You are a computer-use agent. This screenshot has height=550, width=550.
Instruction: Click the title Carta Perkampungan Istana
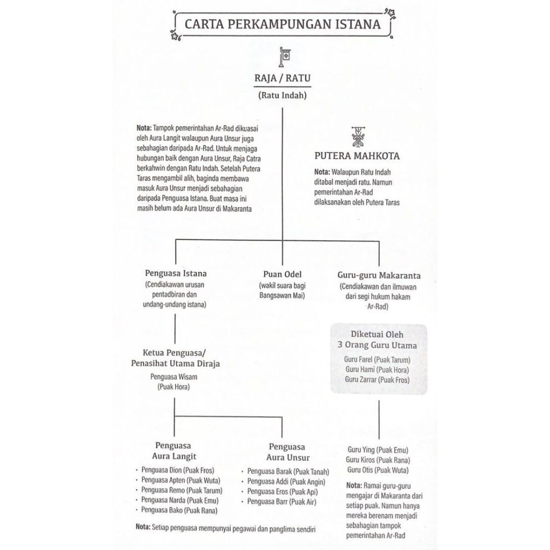click(x=283, y=24)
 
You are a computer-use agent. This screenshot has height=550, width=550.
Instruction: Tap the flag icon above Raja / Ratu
click(x=284, y=56)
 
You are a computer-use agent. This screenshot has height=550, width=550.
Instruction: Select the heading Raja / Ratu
click(x=283, y=78)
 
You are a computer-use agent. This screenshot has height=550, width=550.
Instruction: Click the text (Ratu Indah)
click(x=283, y=96)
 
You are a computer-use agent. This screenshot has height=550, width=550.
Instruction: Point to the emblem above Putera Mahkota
click(x=357, y=136)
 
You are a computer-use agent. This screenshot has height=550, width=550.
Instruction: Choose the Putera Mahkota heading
click(x=357, y=156)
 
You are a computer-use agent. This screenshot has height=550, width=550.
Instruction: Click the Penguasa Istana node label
click(x=176, y=273)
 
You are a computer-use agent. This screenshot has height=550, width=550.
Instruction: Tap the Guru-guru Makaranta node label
click(x=379, y=275)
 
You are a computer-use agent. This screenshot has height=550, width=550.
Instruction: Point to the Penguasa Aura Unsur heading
click(x=287, y=452)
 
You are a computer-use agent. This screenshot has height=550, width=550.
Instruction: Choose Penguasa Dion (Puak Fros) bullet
click(x=178, y=470)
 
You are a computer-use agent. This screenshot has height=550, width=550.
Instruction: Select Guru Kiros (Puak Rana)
click(x=378, y=460)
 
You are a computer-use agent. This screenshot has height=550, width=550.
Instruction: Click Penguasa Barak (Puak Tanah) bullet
click(x=288, y=472)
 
